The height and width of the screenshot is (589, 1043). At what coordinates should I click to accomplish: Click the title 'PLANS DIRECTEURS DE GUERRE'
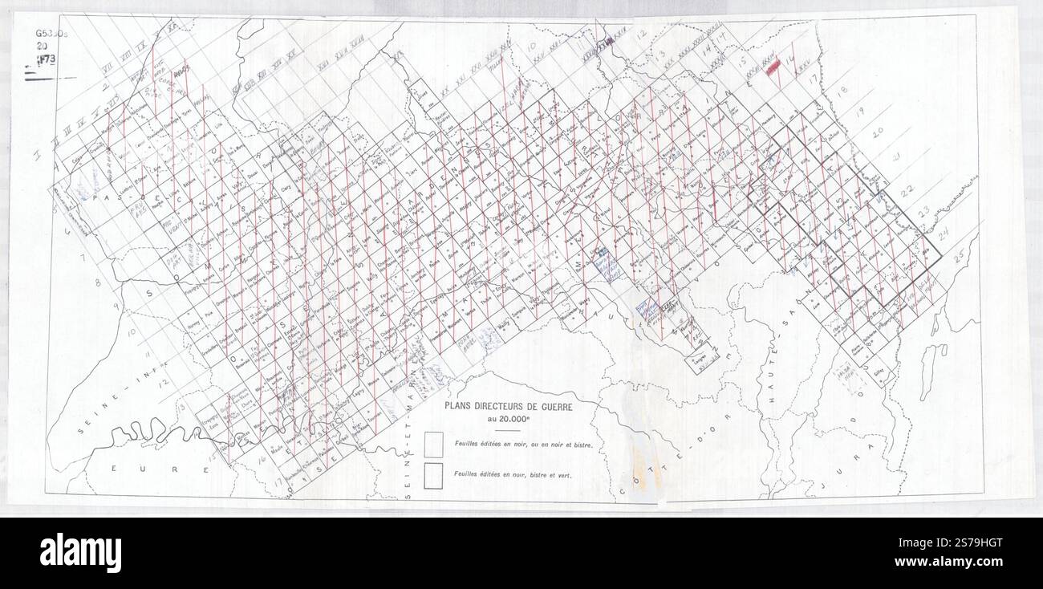(x=498, y=408)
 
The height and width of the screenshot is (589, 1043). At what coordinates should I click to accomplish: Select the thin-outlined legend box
(x=434, y=444)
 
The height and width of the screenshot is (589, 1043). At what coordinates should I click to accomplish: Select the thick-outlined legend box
(x=434, y=474)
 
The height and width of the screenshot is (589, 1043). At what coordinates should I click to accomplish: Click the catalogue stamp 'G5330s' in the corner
(x=50, y=35)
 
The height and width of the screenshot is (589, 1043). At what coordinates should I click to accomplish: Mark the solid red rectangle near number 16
(x=775, y=69)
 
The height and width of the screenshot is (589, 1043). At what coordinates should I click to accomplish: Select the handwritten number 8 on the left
(x=98, y=282)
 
